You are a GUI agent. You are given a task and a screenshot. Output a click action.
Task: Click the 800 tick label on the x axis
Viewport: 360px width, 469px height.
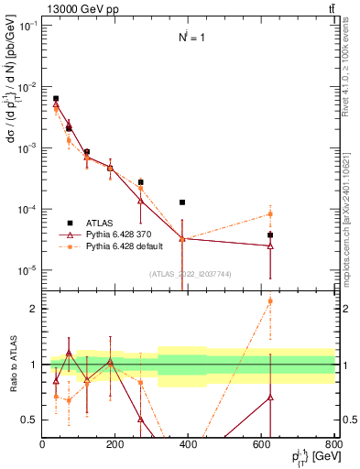click(x=333, y=444)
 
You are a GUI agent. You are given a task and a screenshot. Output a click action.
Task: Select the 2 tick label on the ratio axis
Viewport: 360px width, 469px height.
click(x=34, y=309)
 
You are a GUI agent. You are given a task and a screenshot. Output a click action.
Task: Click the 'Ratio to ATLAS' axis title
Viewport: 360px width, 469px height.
click(x=13, y=365)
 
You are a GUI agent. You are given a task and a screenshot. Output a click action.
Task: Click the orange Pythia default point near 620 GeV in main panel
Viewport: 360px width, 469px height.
click(x=270, y=214)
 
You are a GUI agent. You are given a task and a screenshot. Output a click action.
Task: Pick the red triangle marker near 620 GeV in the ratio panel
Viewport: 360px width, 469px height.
click(x=270, y=398)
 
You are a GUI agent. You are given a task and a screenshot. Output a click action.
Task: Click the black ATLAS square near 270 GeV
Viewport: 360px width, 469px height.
click(x=141, y=182)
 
